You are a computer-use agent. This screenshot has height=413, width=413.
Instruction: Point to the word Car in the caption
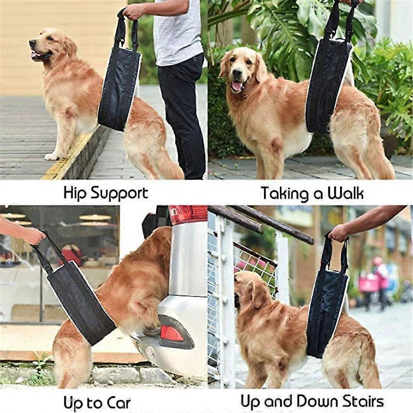(118, 402)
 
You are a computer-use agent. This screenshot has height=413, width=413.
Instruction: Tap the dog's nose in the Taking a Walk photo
(237, 73)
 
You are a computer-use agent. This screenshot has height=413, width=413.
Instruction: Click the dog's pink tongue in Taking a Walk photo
(237, 86)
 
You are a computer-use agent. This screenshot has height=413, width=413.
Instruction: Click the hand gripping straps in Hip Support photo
(133, 12)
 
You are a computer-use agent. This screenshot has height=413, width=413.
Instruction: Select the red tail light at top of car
(188, 214)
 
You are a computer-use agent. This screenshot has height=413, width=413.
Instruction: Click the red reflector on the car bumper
(172, 333)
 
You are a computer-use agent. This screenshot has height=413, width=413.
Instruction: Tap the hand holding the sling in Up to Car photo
(33, 236)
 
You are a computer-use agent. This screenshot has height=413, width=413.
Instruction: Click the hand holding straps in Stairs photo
(339, 233)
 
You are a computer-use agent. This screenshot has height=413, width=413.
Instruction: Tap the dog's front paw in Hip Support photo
(52, 156)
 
